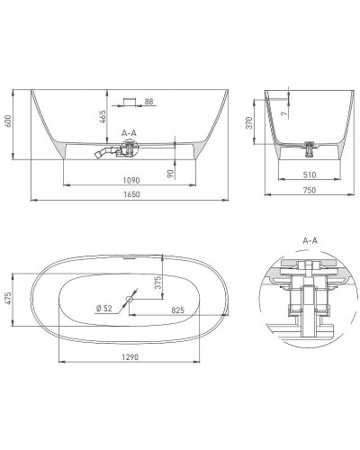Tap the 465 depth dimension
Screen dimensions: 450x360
(102, 116)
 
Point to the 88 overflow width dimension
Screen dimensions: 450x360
(148, 101)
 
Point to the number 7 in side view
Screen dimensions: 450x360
(282, 114)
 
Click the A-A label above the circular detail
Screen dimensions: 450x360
(311, 241)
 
